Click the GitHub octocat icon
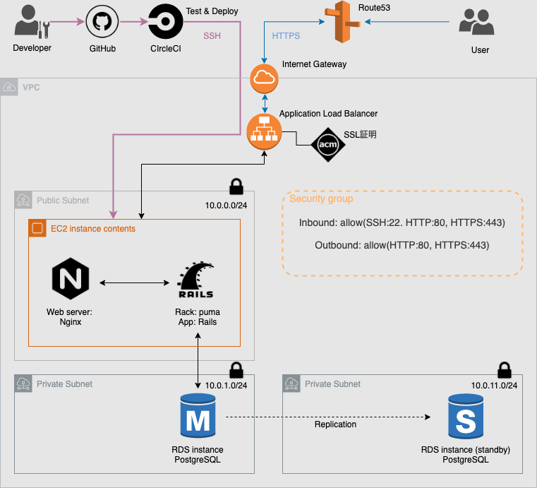pos(102,23)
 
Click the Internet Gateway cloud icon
pos(265,78)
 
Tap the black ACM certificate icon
pos(328,145)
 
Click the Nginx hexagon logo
pos(71,279)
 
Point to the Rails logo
pos(196,281)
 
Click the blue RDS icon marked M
pos(198,418)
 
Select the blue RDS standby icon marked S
pos(466,418)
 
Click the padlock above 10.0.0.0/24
pos(236,187)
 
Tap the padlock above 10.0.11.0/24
pos(504,370)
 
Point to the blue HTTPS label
pos(286,35)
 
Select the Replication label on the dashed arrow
pos(335,424)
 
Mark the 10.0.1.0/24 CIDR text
pos(227,386)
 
